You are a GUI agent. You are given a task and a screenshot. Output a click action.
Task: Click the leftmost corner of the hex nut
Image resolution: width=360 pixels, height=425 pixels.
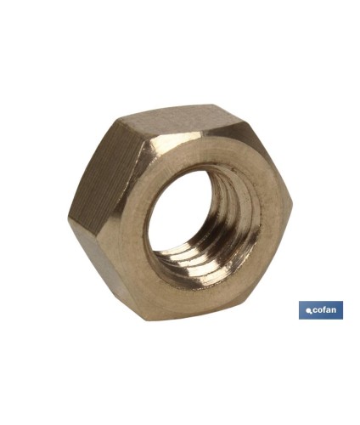(70, 218)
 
